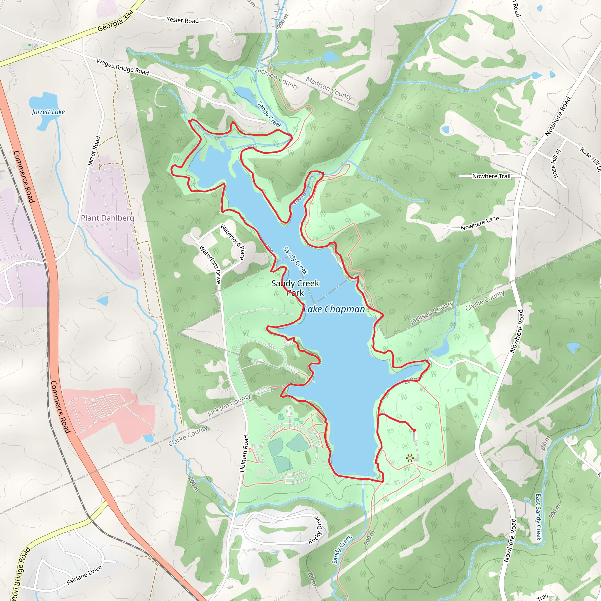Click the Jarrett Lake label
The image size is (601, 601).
pos(48,112)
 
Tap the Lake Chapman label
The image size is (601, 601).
pos(334,309)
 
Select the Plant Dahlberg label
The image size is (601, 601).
pos(107,218)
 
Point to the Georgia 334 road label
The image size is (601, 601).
pos(116,21)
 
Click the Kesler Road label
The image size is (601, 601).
pos(182,20)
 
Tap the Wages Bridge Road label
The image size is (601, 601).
pos(123,67)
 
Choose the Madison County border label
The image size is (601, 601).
pos(328,88)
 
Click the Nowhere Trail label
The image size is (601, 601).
pos(491,176)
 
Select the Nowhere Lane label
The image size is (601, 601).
pos(480,223)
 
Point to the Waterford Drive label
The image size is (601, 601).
pos(210,264)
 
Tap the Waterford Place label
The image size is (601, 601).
pos(233,242)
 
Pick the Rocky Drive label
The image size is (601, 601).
pos(315,530)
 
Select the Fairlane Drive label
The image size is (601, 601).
pos(84,575)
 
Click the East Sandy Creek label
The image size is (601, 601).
pos(538,517)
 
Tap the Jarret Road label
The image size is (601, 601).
pos(94,151)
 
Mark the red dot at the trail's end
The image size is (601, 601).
pos(414,430)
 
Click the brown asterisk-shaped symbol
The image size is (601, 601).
pos(410,458)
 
